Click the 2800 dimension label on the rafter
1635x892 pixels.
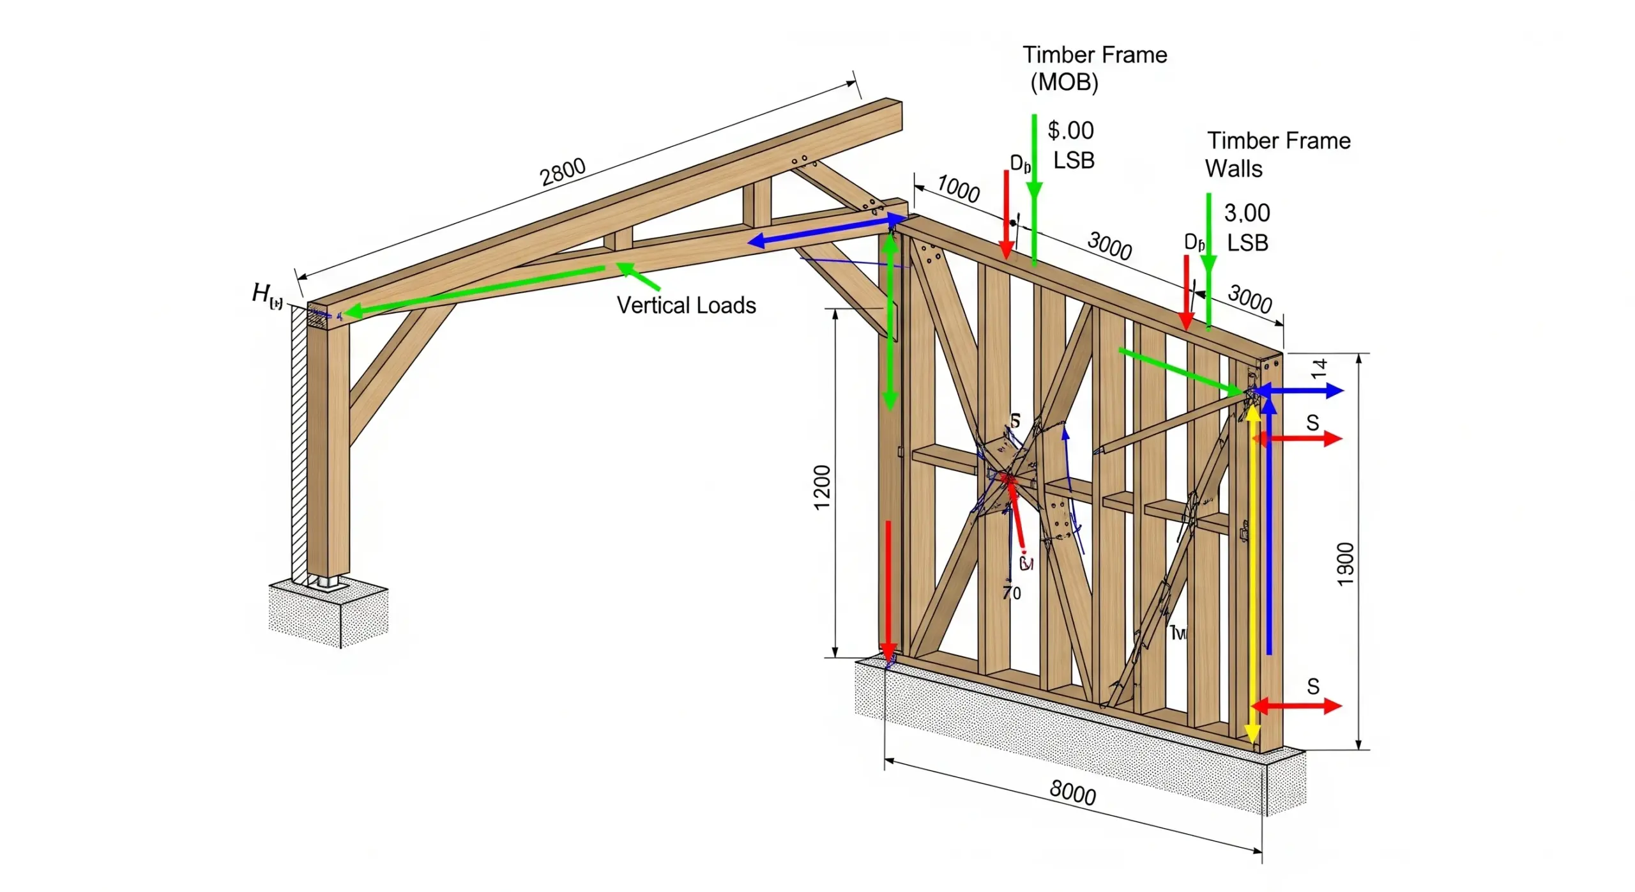pyautogui.click(x=562, y=171)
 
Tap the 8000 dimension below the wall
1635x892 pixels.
pyautogui.click(x=1072, y=793)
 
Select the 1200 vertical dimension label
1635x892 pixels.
pyautogui.click(x=822, y=487)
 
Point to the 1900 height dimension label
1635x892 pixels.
pyautogui.click(x=1344, y=564)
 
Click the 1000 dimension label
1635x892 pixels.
pyautogui.click(x=959, y=189)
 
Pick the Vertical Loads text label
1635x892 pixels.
pyautogui.click(x=686, y=305)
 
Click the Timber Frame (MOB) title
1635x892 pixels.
pyautogui.click(x=1094, y=68)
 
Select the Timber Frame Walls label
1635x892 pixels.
pyautogui.click(x=1277, y=154)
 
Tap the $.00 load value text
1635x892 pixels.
pyautogui.click(x=1070, y=130)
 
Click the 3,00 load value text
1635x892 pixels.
pyautogui.click(x=1247, y=213)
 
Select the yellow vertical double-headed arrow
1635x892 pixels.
pyautogui.click(x=1252, y=575)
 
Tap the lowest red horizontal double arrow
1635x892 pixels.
pyautogui.click(x=1296, y=706)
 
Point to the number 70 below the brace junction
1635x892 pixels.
pyautogui.click(x=1012, y=594)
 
